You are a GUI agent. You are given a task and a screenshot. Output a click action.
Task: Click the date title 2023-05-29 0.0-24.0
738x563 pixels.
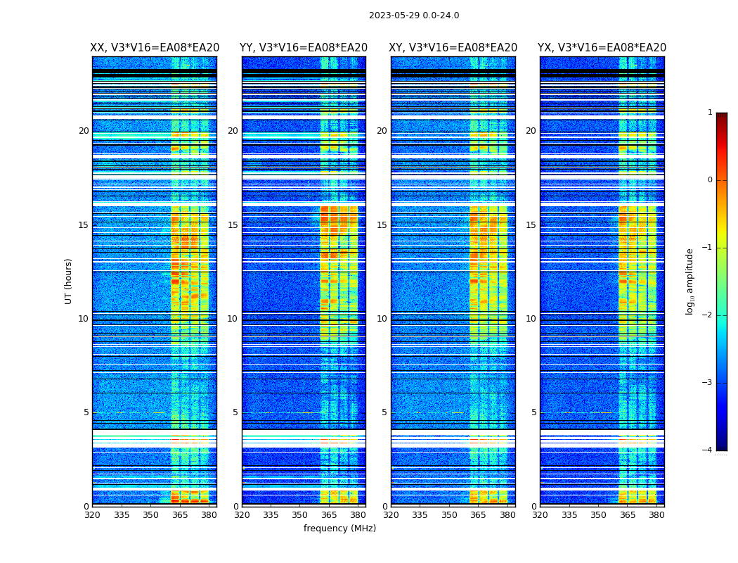pos(414,15)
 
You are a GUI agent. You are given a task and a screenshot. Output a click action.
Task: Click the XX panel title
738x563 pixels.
pos(155,48)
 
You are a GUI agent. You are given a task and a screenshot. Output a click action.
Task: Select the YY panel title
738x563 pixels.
pos(304,48)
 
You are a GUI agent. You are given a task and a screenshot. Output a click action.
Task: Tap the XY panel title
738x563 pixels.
pos(453,48)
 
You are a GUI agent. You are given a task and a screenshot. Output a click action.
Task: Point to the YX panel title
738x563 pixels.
pos(602,48)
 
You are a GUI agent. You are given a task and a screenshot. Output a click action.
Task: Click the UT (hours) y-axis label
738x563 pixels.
pos(69,281)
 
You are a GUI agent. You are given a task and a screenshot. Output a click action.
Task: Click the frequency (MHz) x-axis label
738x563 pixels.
pos(339,529)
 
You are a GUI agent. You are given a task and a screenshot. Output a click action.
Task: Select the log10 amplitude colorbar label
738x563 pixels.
pos(690,281)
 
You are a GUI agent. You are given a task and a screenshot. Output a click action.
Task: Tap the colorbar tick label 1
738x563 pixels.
pos(709,113)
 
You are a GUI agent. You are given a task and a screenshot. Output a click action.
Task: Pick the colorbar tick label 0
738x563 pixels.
pos(709,180)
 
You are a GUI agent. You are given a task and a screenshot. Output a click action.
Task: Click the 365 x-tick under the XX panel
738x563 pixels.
pos(180,515)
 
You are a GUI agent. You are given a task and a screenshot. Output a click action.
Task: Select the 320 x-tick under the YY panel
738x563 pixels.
pos(242,515)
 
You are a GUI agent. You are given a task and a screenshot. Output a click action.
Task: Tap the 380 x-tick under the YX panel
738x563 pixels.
pos(656,515)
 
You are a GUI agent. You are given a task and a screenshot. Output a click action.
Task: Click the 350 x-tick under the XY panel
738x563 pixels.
pos(449,515)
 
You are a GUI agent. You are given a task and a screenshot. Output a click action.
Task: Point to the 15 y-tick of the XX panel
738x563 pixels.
pos(84,225)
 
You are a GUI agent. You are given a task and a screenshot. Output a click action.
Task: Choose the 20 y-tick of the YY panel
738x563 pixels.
pos(233,131)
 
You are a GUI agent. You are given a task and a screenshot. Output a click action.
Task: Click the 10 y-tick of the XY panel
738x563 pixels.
pos(382,319)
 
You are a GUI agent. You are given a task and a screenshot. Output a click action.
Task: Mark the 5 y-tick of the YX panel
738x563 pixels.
pos(533,412)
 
